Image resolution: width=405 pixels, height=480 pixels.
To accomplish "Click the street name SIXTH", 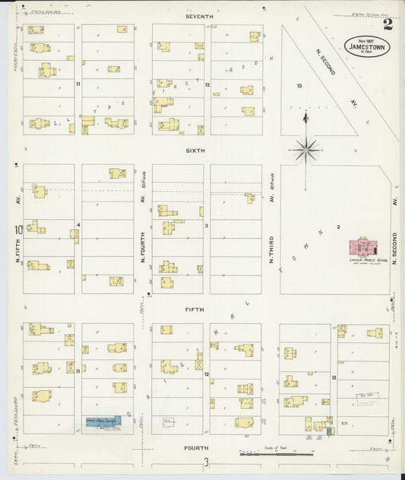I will click(196, 151).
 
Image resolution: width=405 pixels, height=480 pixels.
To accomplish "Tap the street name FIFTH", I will click(196, 310).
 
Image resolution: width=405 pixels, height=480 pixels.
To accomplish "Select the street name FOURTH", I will click(195, 448).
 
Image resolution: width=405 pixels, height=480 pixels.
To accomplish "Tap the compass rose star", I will click(305, 149).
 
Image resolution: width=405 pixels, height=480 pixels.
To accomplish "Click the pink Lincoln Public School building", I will click(362, 248).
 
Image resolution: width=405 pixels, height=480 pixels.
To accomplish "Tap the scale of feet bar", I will click(277, 454).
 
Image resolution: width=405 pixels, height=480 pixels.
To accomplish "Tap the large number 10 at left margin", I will click(15, 229).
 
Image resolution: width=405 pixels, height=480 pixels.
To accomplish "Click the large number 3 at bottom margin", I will click(204, 463).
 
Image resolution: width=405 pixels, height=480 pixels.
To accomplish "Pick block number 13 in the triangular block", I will click(299, 86).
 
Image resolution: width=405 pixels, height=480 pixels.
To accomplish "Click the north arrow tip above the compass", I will click(305, 114).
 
